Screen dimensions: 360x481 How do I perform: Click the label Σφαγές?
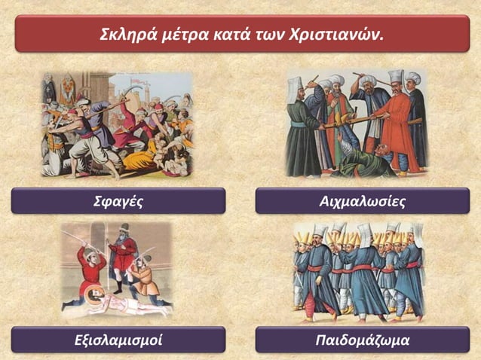(118, 201)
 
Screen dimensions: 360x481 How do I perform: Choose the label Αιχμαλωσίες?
(363, 201)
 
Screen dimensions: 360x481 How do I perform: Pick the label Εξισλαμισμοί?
(118, 340)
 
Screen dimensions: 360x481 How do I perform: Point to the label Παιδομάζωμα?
(363, 340)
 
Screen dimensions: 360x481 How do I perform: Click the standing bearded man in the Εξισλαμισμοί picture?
(120, 256)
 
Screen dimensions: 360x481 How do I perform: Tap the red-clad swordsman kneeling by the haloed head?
(90, 271)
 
